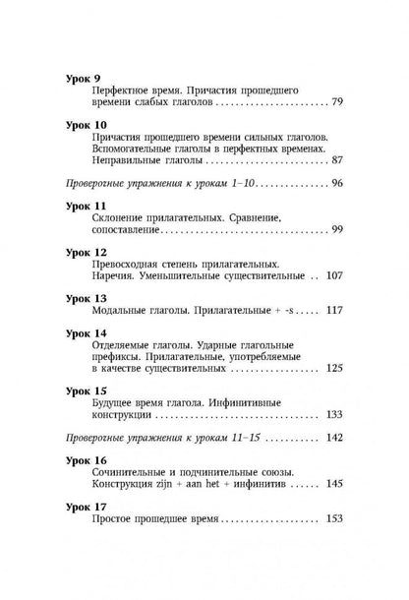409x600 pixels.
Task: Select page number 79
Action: point(337,102)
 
